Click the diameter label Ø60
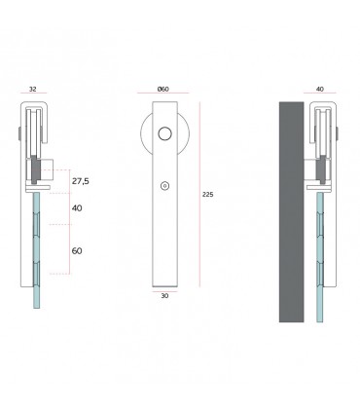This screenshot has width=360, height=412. click(x=163, y=90)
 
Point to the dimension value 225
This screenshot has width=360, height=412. click(x=206, y=194)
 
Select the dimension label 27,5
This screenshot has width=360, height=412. click(x=81, y=182)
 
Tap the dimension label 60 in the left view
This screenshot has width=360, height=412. click(x=77, y=250)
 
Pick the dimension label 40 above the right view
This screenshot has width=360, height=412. click(x=320, y=90)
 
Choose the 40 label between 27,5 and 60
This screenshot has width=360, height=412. click(x=77, y=208)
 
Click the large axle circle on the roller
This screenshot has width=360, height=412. click(x=164, y=134)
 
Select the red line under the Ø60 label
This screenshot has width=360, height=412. click(x=164, y=96)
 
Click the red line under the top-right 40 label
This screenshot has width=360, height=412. click(x=320, y=96)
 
